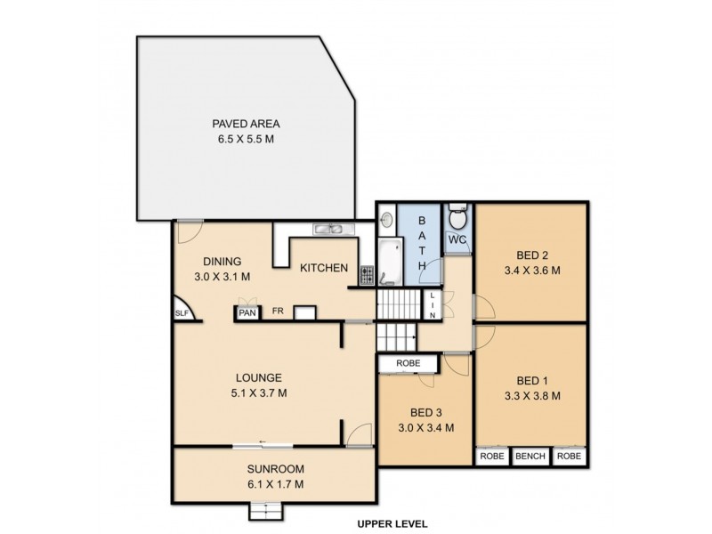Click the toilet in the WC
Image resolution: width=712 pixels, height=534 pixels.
(x=457, y=216)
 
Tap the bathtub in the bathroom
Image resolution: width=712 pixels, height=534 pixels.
(x=391, y=262)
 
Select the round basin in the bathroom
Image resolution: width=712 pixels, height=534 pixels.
(x=386, y=219)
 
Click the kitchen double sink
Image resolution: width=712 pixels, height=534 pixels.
(x=334, y=230)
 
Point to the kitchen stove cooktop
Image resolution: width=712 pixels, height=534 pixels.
(x=367, y=275)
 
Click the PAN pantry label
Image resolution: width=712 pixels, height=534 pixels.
(x=247, y=313)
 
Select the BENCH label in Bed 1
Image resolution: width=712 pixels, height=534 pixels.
(x=530, y=456)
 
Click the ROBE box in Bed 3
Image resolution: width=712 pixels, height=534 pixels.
(x=409, y=363)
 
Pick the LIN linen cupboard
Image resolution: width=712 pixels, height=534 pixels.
(x=433, y=304)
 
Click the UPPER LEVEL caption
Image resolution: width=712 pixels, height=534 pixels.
(x=392, y=524)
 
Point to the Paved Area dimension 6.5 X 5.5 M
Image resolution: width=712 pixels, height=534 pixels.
(x=246, y=139)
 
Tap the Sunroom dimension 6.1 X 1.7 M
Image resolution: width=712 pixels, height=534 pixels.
(x=276, y=484)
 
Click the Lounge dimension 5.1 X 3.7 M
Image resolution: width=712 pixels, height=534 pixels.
(x=259, y=393)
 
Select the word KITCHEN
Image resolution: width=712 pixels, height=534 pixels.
(x=324, y=268)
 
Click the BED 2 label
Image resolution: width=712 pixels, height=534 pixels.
(x=532, y=255)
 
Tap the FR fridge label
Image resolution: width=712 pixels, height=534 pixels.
(x=278, y=311)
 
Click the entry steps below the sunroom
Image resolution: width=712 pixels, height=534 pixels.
(x=265, y=511)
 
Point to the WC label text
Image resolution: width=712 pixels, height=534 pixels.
(x=457, y=239)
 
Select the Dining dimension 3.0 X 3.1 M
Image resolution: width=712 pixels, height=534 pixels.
(x=222, y=277)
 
